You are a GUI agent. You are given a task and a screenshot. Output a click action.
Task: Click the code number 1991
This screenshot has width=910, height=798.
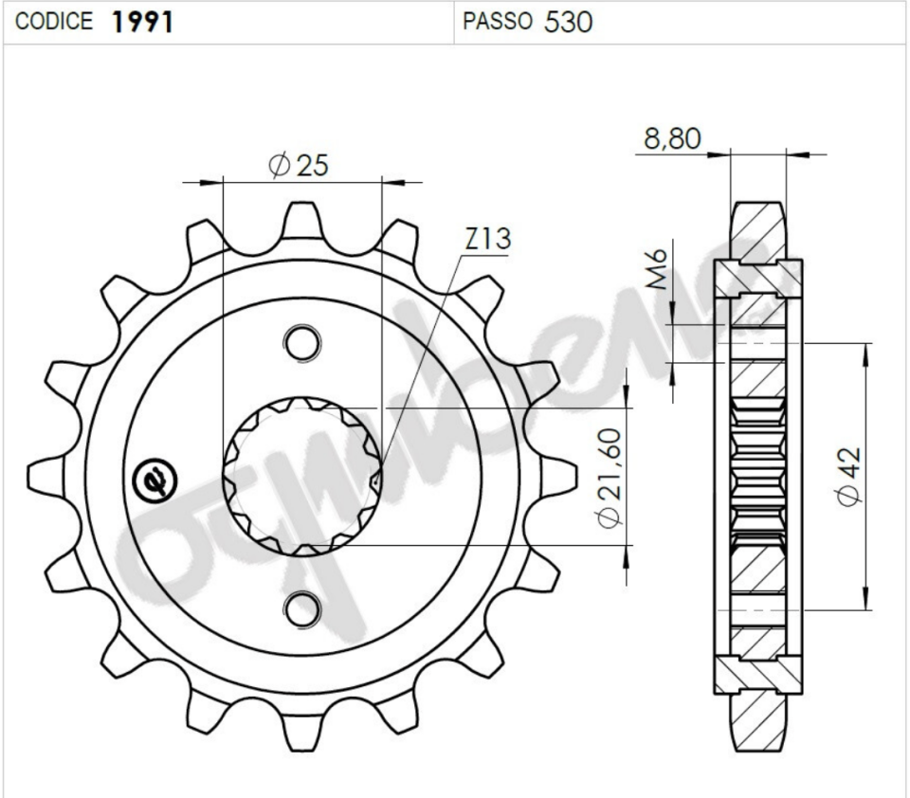(142, 22)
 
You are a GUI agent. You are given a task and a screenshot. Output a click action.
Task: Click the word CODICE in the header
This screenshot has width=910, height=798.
(55, 22)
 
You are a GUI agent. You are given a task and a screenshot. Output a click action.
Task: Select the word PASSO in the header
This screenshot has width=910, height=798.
(498, 22)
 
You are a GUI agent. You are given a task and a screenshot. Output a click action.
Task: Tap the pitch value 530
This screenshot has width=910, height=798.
(569, 22)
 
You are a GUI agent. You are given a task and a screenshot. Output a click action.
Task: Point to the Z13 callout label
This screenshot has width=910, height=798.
(487, 240)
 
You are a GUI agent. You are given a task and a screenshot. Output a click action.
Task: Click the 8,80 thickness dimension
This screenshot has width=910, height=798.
(672, 139)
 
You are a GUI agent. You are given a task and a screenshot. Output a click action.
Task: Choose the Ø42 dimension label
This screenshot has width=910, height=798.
(849, 477)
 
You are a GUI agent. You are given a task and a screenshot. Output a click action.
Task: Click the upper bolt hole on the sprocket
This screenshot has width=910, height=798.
(302, 342)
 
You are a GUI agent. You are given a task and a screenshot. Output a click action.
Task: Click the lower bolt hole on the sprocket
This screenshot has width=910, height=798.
(302, 609)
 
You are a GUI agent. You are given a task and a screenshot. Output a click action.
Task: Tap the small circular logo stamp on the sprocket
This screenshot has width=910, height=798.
(155, 481)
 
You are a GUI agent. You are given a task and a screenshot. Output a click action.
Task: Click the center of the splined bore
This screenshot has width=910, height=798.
(302, 476)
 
